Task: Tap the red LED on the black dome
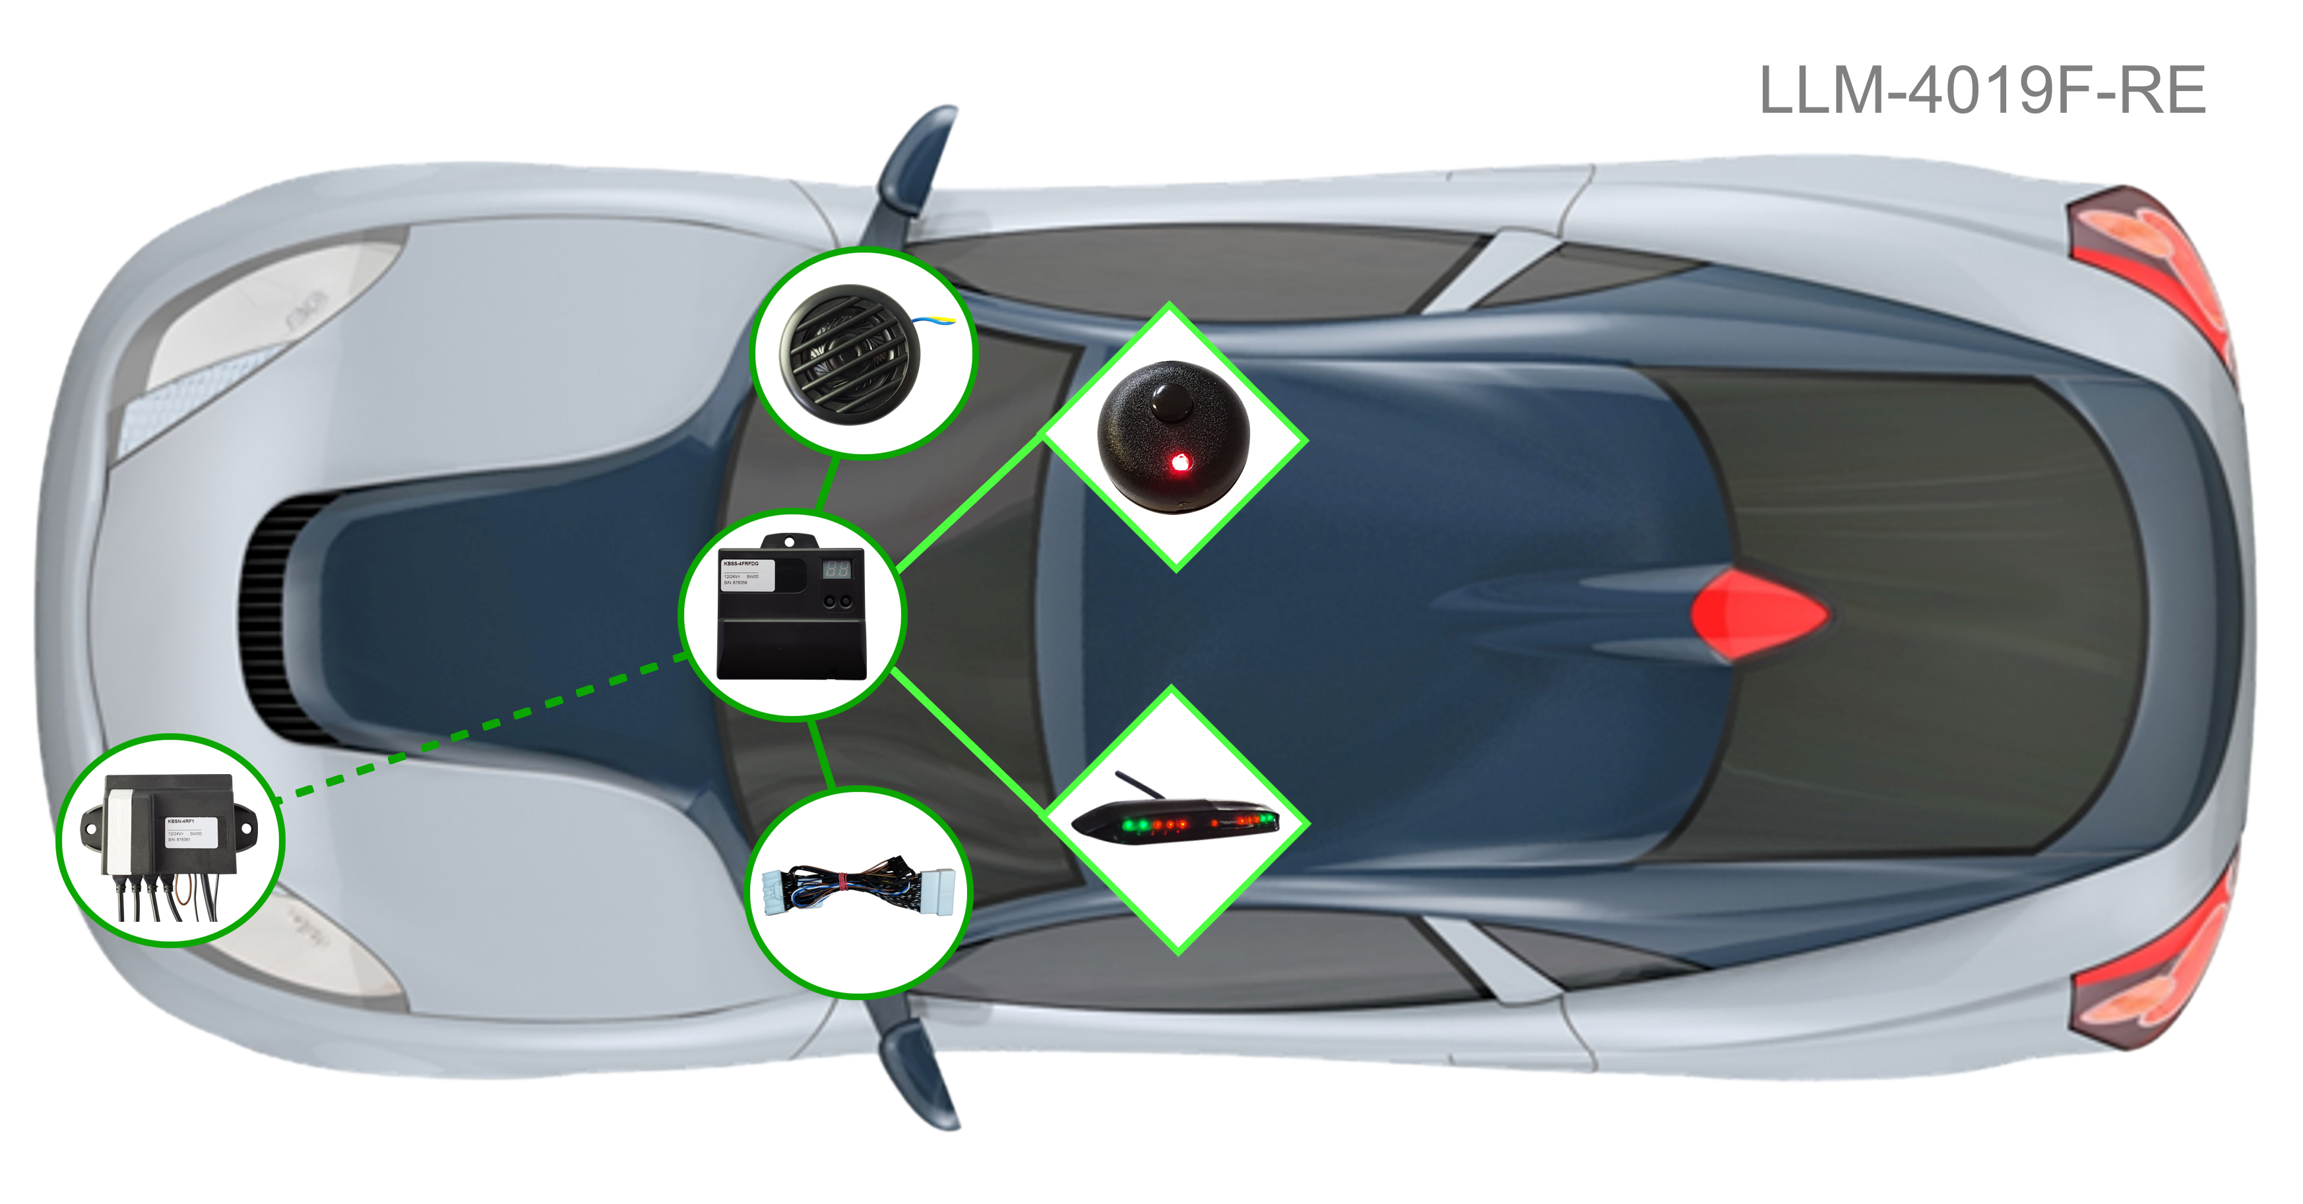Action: click(x=1180, y=462)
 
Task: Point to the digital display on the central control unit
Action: click(x=836, y=568)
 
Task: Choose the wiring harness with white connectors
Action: click(x=858, y=890)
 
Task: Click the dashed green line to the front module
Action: click(x=483, y=725)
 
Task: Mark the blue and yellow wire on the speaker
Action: click(x=933, y=318)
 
